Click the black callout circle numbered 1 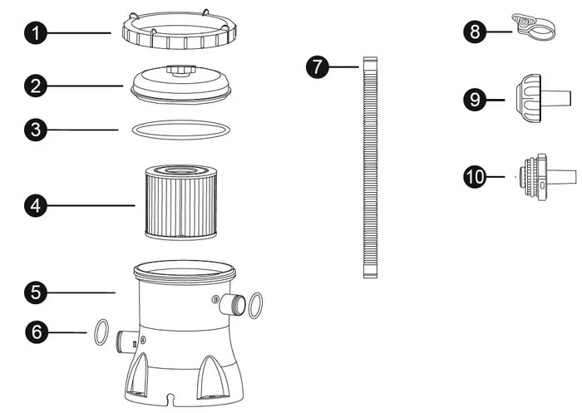click(36, 33)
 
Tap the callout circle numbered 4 click(36, 205)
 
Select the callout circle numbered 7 click(318, 66)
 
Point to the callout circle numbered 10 click(475, 177)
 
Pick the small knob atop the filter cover click(180, 70)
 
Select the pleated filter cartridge click(181, 202)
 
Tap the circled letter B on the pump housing click(215, 299)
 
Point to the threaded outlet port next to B click(232, 304)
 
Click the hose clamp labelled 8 click(534, 27)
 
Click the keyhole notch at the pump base click(170, 399)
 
